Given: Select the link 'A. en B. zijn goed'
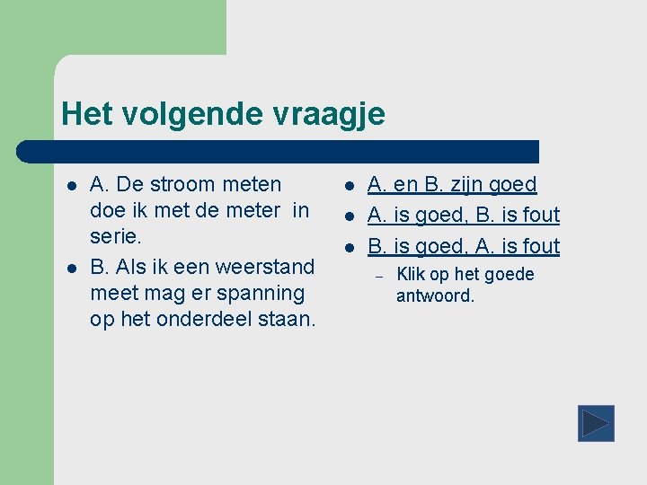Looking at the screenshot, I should click(452, 185).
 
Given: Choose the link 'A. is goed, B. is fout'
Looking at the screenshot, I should click(464, 216).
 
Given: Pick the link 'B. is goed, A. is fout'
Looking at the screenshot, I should click(464, 246).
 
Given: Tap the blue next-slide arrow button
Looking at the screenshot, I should click(595, 423).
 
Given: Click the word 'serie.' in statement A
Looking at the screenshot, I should click(116, 236).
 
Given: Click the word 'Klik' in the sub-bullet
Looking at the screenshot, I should click(412, 275).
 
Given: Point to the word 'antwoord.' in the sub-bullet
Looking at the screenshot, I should click(435, 295).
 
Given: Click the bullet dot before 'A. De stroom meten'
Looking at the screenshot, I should click(70, 186).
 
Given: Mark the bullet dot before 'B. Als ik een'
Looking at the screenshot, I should click(70, 268).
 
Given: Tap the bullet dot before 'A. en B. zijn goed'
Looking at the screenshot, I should click(348, 186).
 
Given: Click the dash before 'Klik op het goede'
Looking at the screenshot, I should click(379, 276).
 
